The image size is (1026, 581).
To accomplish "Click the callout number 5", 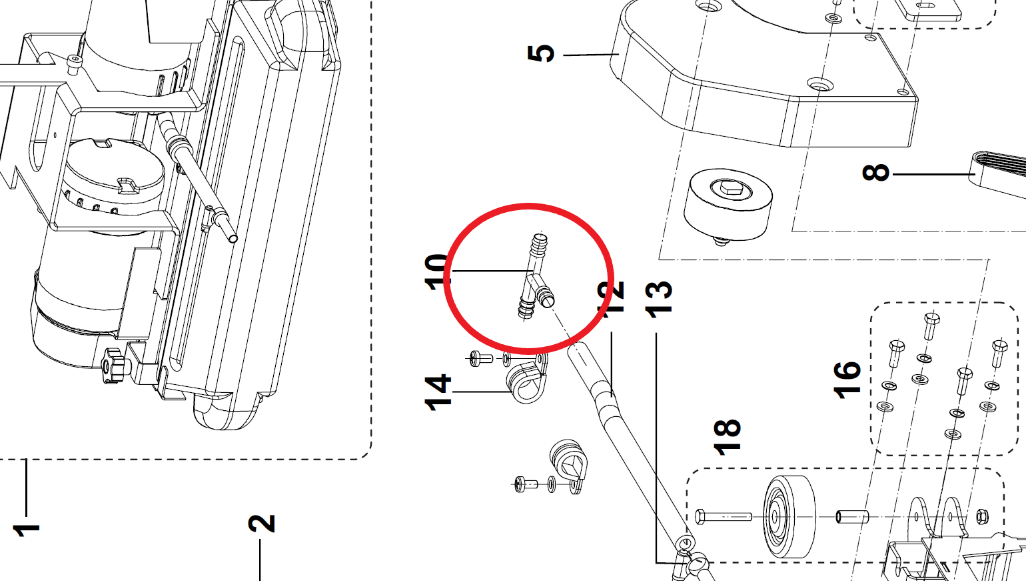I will click(x=541, y=53).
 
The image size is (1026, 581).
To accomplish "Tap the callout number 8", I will click(x=876, y=173).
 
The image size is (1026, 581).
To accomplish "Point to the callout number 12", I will click(x=611, y=298).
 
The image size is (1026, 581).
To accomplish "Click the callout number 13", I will click(x=658, y=298).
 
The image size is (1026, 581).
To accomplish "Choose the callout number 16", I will click(x=847, y=380).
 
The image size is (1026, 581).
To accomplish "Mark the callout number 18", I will click(x=727, y=437).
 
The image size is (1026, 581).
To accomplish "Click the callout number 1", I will click(x=26, y=530).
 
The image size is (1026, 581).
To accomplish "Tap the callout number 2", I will click(x=261, y=523).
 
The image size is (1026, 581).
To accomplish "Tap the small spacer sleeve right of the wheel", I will click(x=852, y=516).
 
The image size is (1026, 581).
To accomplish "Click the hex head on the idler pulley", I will click(x=732, y=190).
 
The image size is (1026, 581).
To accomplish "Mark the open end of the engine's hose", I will click(x=233, y=237).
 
